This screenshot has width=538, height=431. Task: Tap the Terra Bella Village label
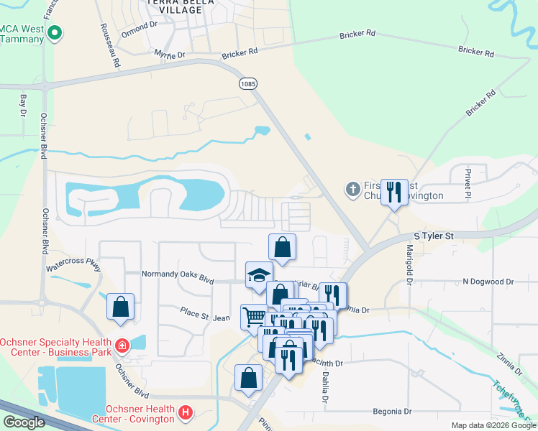(x=175, y=6)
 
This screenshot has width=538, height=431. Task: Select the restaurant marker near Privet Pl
(x=393, y=193)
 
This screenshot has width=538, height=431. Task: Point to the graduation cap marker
(x=259, y=275)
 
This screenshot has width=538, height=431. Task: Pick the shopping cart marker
(x=253, y=317)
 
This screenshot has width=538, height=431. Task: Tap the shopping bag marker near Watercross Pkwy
(x=121, y=307)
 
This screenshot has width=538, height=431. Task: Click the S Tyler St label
(x=434, y=236)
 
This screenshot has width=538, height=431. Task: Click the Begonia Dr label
(x=391, y=412)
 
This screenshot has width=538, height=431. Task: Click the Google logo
(x=24, y=422)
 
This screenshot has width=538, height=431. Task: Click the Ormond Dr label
(x=140, y=25)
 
